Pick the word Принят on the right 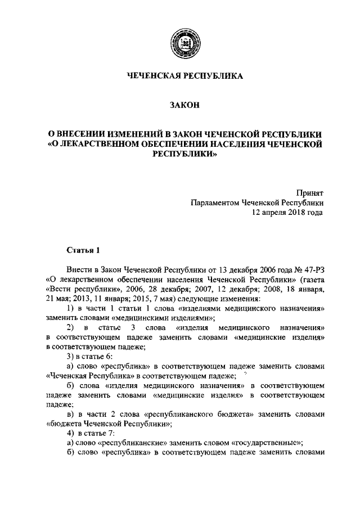[x=310, y=192]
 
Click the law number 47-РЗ [x=312, y=269]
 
